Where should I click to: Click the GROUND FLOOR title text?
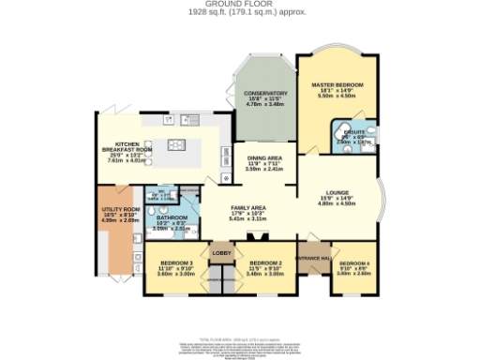(x=240, y=5)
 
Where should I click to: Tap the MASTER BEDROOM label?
(x=337, y=85)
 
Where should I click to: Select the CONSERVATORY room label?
(x=258, y=94)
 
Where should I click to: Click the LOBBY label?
(x=221, y=253)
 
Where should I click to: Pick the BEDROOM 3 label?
(x=175, y=262)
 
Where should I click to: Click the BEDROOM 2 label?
(x=264, y=262)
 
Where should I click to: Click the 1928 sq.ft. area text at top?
(x=240, y=12)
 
